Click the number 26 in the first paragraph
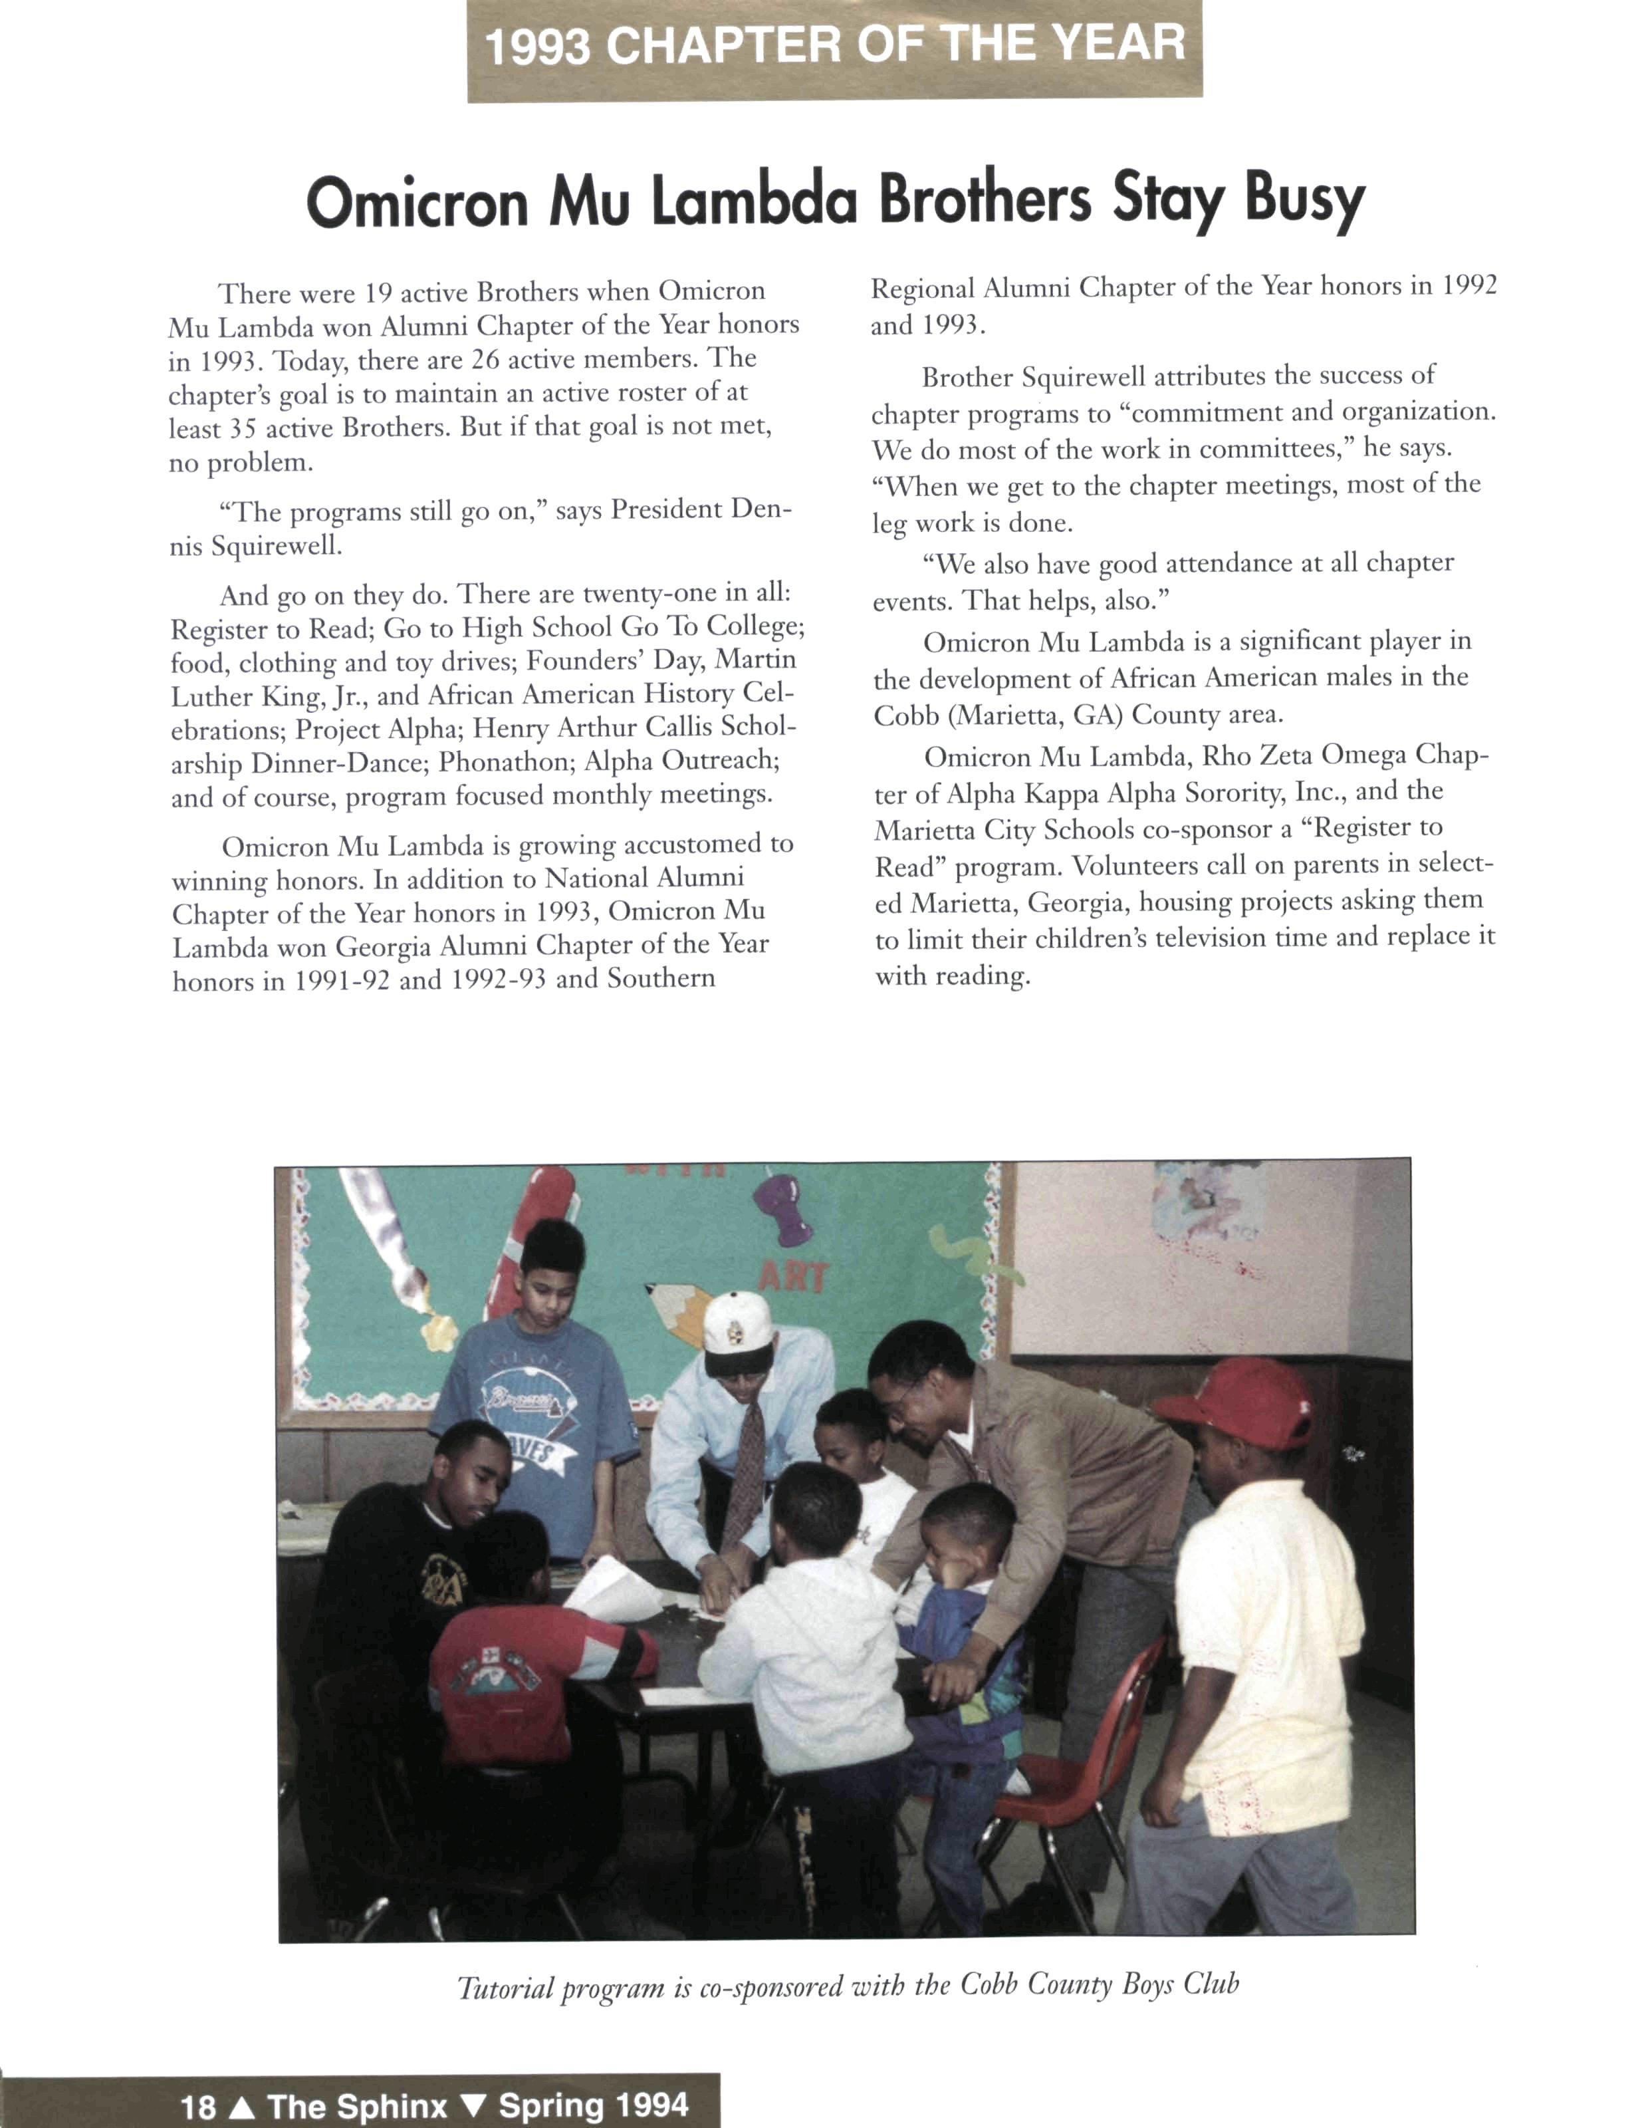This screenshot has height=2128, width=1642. coord(484,360)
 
